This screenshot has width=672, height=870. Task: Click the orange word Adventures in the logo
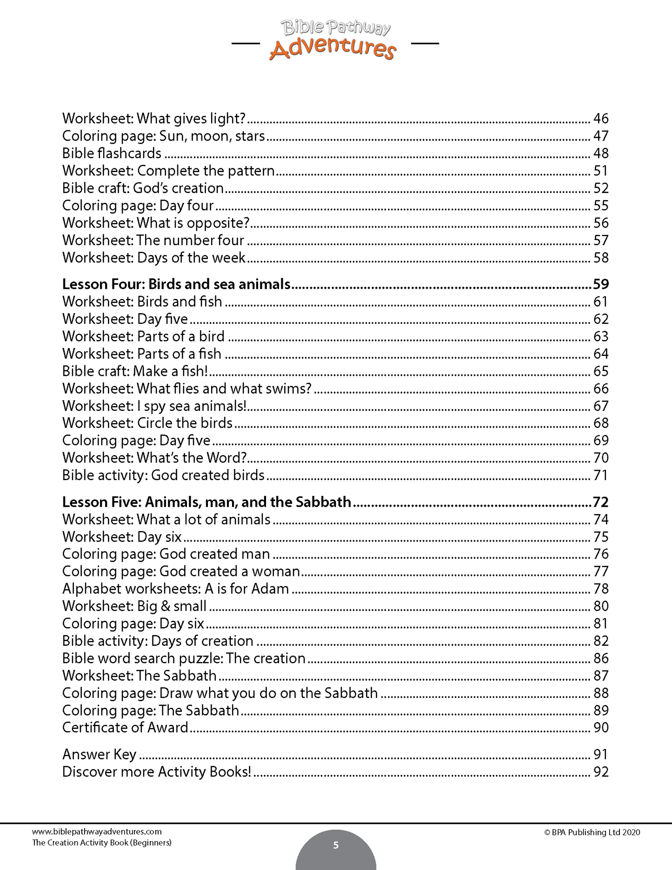tap(332, 48)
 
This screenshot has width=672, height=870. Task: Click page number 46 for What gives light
tap(600, 119)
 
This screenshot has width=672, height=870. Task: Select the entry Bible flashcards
tap(112, 154)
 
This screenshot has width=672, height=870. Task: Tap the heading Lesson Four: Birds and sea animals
tap(176, 284)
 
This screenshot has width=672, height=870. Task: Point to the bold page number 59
tap(600, 284)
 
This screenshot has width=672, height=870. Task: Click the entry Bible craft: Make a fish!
tap(135, 371)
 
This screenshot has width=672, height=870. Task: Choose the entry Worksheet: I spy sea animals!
tap(154, 406)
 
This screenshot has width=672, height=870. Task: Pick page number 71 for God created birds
tap(600, 475)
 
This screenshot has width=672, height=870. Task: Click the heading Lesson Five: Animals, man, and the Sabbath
tap(206, 502)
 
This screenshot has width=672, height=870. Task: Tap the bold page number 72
tap(600, 502)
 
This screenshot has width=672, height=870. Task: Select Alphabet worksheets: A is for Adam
tap(175, 589)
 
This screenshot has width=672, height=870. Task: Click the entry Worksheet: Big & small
tap(134, 606)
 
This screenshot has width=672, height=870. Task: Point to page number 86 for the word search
tap(600, 658)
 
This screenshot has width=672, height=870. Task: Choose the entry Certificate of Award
tap(125, 728)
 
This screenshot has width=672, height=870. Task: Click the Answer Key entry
tap(99, 755)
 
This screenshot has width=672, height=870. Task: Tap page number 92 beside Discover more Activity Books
tap(600, 772)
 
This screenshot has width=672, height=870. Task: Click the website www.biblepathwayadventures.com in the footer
tap(97, 832)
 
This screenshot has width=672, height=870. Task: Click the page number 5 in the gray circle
tap(336, 845)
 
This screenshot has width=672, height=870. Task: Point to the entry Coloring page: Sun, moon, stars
tap(163, 136)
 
